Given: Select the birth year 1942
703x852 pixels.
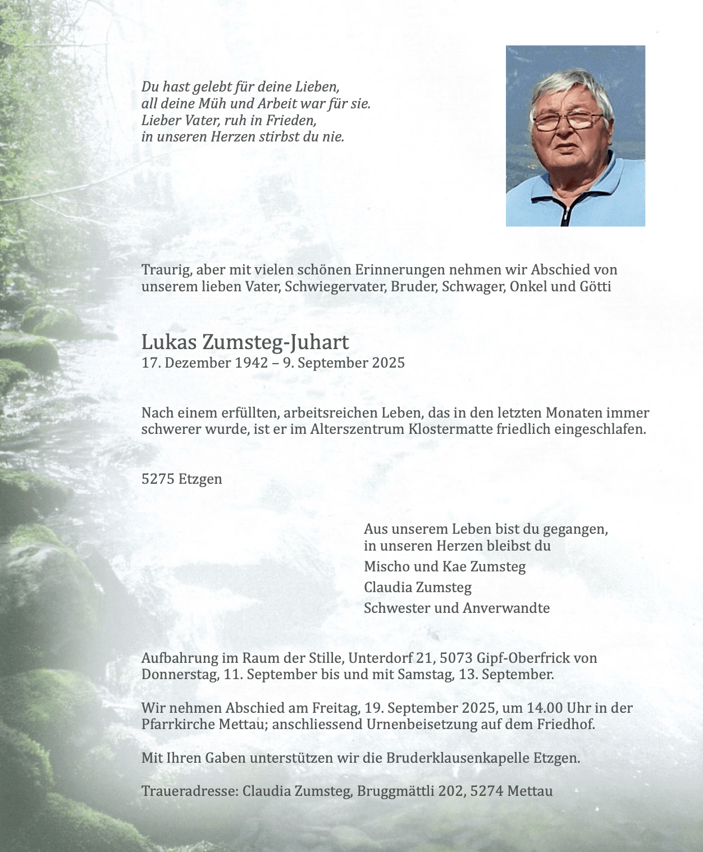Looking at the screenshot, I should pyautogui.click(x=251, y=363).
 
